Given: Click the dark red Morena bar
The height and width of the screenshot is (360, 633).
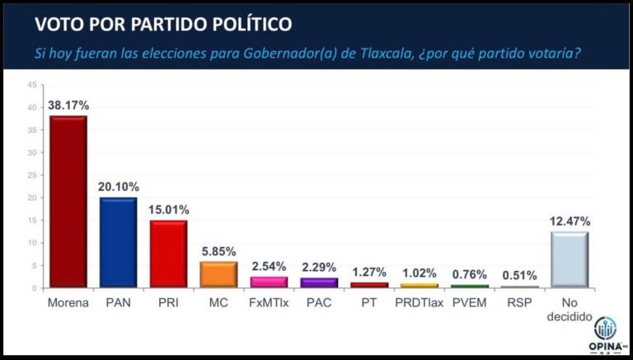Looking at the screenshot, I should tap(68, 202).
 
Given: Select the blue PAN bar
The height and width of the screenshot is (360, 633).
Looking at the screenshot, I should tap(118, 243).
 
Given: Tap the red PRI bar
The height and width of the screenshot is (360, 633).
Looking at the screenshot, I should tap(168, 255).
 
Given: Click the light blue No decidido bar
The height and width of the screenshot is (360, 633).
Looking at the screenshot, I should tap(570, 260).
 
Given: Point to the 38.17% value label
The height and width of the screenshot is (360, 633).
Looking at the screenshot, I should tap(68, 105).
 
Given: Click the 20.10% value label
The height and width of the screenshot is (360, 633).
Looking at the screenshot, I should tap(118, 187).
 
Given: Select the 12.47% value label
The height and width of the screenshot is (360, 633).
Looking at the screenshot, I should tap(570, 221).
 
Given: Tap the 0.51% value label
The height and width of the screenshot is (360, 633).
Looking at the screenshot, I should tap(519, 275).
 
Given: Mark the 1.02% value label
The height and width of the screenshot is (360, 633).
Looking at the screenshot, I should tap(419, 273).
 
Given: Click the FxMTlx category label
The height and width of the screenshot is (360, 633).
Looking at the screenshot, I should tap(269, 302).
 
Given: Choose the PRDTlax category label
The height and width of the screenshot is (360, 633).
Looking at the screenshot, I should tap(419, 302).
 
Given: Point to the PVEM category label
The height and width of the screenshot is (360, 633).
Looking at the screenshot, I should tap(469, 302).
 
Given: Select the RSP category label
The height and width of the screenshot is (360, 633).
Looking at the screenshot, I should tap(519, 302).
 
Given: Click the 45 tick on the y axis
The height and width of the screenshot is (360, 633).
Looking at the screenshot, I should tap(31, 85).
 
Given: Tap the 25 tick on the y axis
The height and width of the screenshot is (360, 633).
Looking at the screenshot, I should tap(31, 175).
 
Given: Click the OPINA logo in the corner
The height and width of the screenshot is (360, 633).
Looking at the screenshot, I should tap(606, 334).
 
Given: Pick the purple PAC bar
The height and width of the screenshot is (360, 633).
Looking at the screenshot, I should tap(319, 283).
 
